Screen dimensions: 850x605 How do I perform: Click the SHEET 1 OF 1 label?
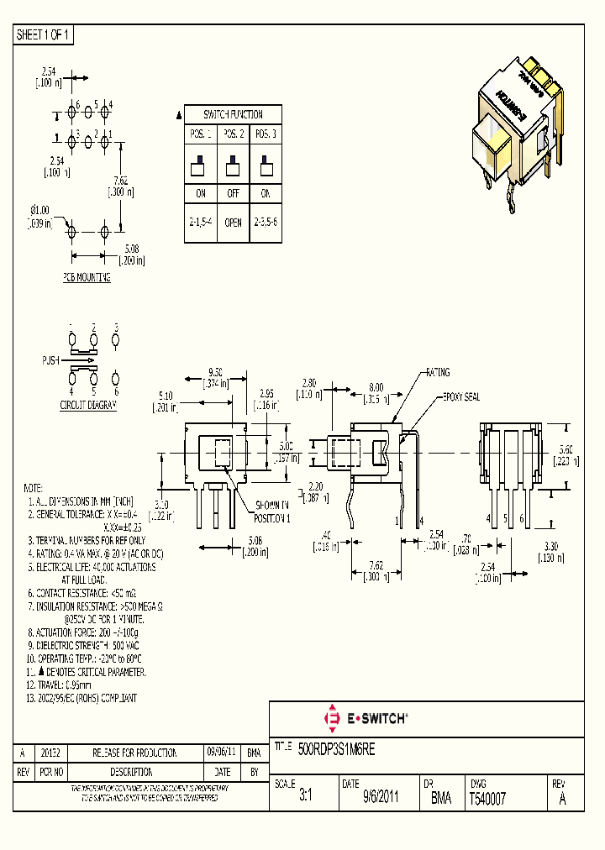click(44, 35)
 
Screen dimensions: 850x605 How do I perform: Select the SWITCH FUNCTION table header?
click(233, 114)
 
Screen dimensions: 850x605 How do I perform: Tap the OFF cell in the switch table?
click(233, 193)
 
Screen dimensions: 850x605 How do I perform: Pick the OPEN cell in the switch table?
click(233, 223)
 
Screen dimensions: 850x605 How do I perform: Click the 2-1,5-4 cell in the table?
click(201, 223)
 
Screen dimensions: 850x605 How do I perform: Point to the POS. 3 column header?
click(265, 134)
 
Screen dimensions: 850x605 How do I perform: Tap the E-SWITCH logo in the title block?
click(366, 718)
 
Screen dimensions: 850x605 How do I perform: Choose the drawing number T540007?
click(488, 799)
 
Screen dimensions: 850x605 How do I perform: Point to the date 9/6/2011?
click(381, 799)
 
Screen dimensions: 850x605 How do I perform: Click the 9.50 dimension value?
click(215, 372)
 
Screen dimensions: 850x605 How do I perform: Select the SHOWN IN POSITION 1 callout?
click(273, 513)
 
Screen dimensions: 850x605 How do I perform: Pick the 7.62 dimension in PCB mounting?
click(121, 180)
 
